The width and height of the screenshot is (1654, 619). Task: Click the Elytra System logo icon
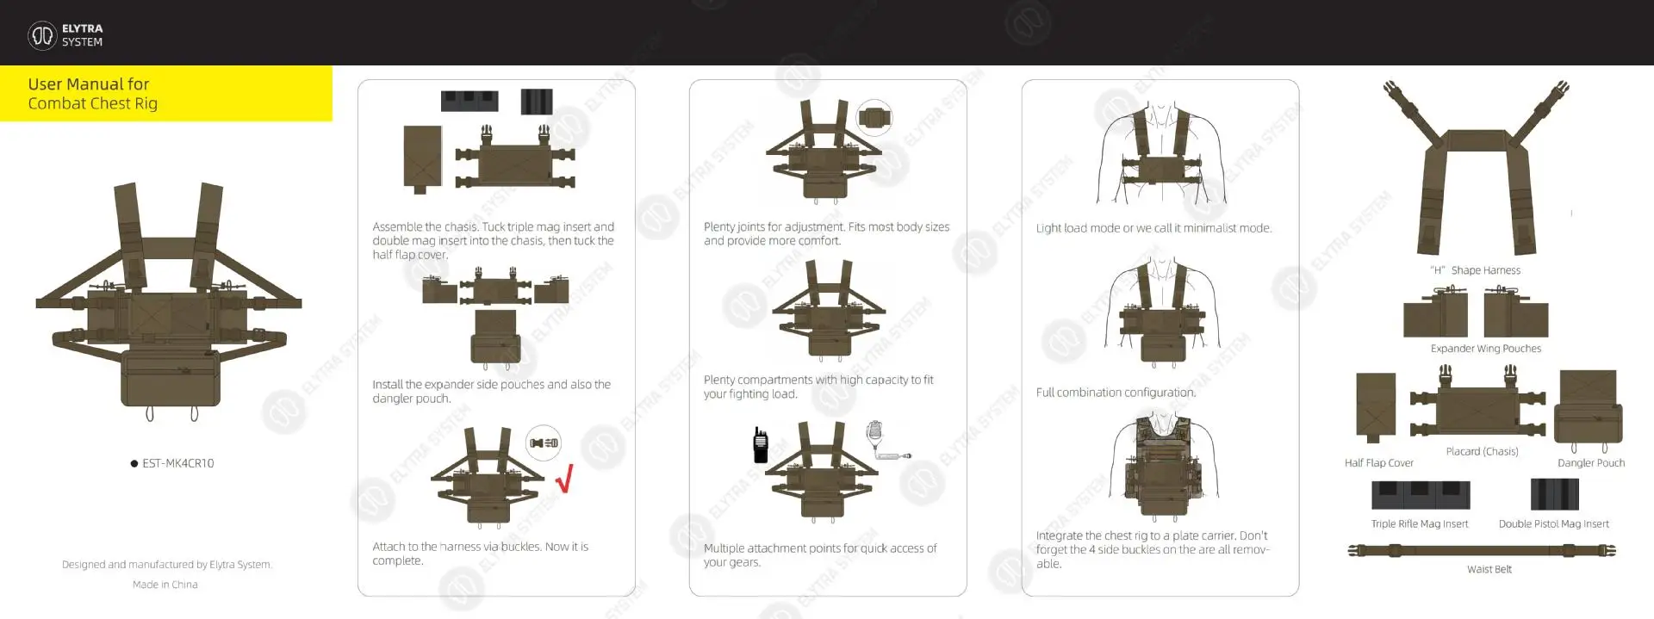click(42, 35)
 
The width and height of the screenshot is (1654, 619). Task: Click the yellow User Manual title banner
click(165, 94)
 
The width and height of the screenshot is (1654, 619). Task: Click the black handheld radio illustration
click(761, 444)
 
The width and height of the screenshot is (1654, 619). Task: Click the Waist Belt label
click(1489, 569)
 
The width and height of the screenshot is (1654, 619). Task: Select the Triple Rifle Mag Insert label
click(1420, 523)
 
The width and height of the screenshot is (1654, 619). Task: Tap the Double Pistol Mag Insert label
click(1553, 523)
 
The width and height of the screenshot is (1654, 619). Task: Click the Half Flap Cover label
click(1378, 463)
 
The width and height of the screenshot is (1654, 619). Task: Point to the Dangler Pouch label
click(1591, 463)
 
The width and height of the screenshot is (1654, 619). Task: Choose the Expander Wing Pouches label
click(1486, 349)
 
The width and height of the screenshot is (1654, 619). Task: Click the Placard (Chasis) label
click(1482, 451)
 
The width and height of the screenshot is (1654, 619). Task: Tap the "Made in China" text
click(165, 585)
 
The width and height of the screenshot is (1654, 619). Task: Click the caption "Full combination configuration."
click(1116, 393)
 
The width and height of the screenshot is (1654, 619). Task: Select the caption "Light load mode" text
click(1078, 228)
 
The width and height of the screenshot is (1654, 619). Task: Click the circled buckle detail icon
click(544, 443)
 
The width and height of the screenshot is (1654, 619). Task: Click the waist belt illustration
click(1482, 551)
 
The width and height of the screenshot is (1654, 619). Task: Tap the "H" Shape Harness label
click(1475, 270)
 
